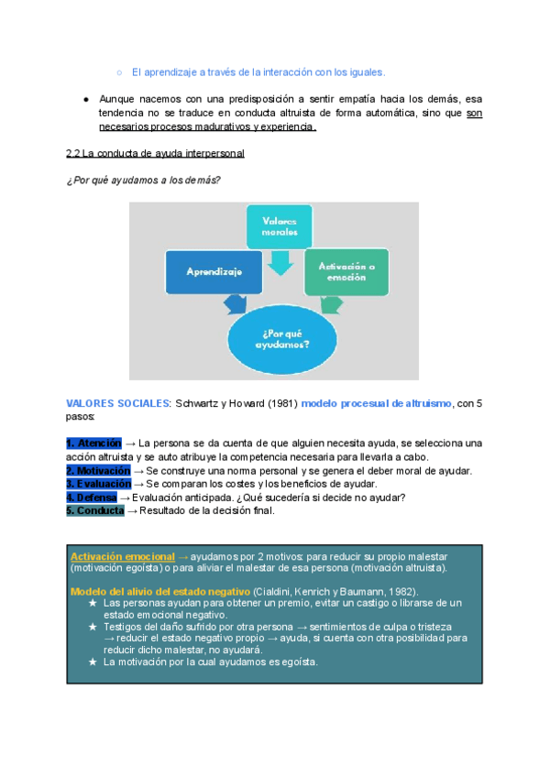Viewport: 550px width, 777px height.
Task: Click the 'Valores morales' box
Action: pos(280,227)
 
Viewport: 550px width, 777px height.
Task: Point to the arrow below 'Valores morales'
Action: pos(280,263)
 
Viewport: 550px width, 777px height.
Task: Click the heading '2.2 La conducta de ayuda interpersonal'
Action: pos(155,152)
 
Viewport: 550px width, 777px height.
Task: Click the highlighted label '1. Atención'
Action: pos(93,443)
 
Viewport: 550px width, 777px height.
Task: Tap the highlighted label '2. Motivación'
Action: pos(98,470)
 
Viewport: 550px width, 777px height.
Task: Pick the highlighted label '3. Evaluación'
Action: pos(98,484)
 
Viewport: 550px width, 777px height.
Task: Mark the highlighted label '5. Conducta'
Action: pos(94,511)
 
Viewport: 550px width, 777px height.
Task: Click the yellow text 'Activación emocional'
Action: pos(123,556)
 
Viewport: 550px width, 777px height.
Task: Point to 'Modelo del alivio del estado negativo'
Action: pos(159,591)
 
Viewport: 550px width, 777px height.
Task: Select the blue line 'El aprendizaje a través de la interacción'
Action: pos(258,71)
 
